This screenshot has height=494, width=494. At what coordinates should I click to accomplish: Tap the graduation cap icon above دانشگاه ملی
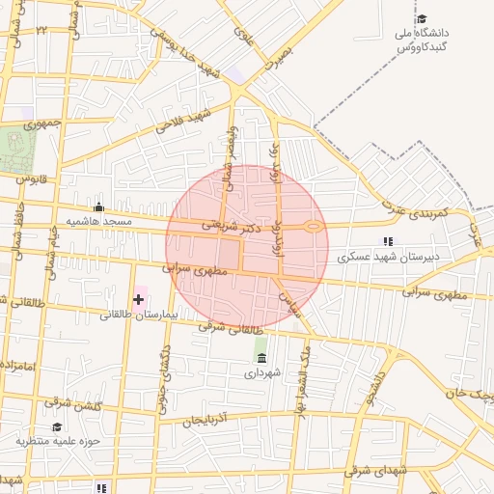[421, 18]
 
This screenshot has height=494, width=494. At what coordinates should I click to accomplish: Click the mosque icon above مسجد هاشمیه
[98, 206]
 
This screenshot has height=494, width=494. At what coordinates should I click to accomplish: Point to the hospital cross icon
[138, 300]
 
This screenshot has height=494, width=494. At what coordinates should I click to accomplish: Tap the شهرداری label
[261, 372]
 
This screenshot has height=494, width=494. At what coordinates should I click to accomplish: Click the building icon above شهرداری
[261, 358]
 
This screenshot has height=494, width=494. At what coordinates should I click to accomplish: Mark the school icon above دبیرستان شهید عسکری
[388, 241]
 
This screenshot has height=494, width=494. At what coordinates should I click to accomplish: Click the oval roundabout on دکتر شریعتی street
[313, 227]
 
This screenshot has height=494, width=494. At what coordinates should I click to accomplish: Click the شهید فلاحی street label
[176, 127]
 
